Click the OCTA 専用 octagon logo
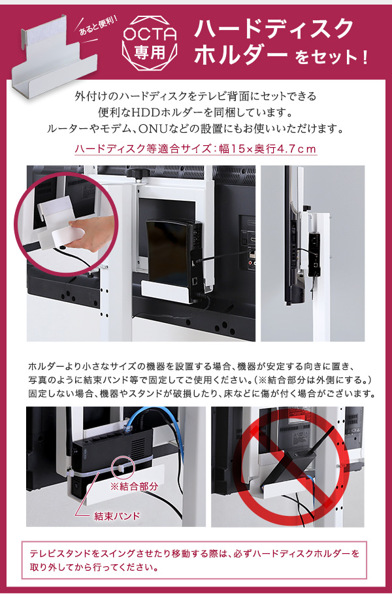click(150, 43)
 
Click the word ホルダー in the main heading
click(240, 55)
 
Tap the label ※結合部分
click(134, 486)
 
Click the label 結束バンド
click(117, 516)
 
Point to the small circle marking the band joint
click(124, 466)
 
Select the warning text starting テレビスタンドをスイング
click(194, 560)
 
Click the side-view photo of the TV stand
click(312, 253)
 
